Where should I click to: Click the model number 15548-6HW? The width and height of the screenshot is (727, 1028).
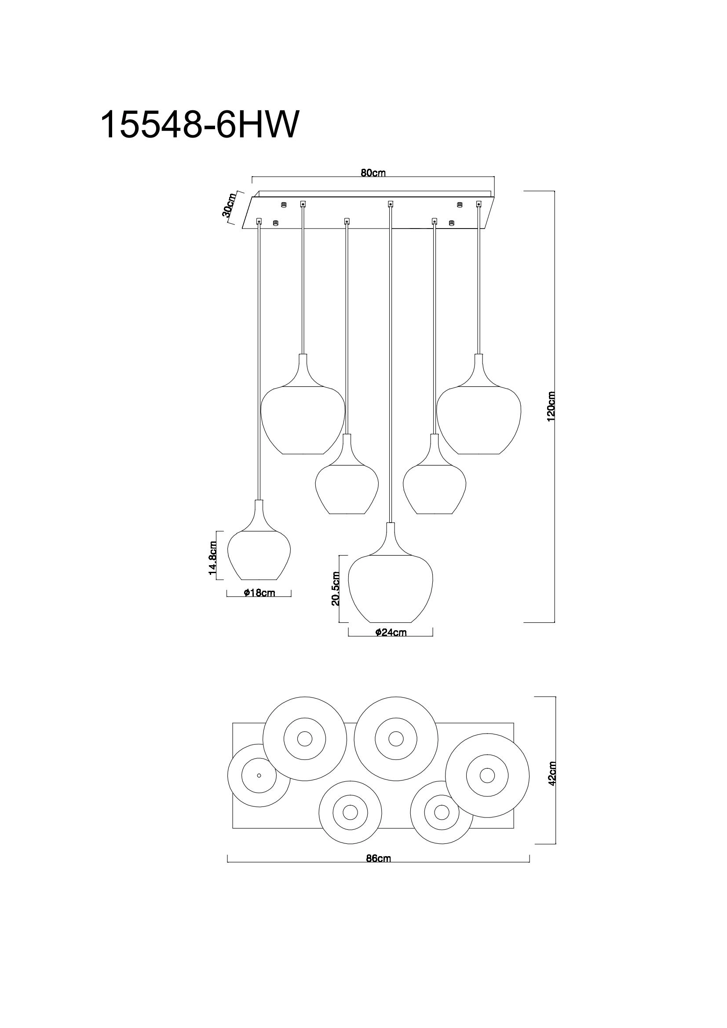click(x=198, y=125)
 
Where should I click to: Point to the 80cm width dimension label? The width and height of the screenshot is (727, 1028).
click(x=373, y=173)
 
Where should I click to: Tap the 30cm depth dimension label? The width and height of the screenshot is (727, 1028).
click(x=228, y=206)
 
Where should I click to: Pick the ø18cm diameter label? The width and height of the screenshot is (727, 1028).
click(x=259, y=593)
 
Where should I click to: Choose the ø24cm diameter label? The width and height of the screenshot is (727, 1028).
click(x=391, y=632)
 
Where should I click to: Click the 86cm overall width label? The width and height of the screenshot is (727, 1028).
click(x=379, y=858)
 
